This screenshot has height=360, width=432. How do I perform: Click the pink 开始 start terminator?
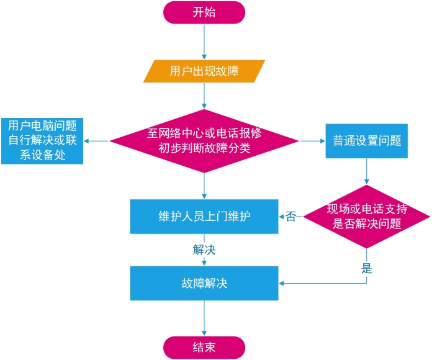point(204,12)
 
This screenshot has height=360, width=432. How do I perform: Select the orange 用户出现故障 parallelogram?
point(204,71)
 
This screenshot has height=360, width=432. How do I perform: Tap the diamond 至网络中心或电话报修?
point(204,141)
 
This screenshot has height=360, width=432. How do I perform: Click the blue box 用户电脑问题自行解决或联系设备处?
point(42,140)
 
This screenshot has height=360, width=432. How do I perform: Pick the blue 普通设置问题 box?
point(366,140)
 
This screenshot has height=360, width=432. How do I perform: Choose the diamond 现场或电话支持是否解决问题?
point(366,217)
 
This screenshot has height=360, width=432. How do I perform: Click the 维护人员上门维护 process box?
point(204,216)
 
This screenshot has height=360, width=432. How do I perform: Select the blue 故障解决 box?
point(204,284)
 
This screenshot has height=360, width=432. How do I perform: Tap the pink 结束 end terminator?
point(204,347)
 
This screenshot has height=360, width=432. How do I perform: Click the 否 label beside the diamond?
point(290,217)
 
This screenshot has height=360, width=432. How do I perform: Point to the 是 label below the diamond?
point(366,269)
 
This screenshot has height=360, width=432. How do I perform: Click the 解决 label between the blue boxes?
point(204,250)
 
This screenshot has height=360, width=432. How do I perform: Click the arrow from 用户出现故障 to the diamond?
point(204,96)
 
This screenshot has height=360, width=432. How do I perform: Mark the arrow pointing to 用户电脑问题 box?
point(96,141)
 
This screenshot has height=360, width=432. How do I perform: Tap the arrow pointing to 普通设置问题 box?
point(312,141)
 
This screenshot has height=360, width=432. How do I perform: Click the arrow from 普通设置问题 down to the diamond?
point(366,171)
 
